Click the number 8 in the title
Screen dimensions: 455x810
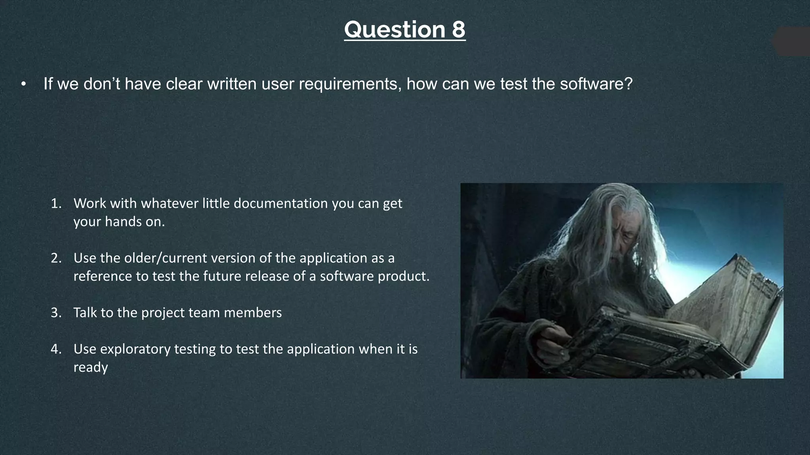coord(458,30)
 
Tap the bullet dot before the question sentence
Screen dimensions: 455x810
coord(24,84)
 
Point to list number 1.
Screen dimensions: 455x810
coord(56,203)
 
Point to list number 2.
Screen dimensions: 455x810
coord(56,258)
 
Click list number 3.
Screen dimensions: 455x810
coord(56,313)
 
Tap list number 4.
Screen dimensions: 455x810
coord(56,349)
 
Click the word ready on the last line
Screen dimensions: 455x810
coord(91,367)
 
